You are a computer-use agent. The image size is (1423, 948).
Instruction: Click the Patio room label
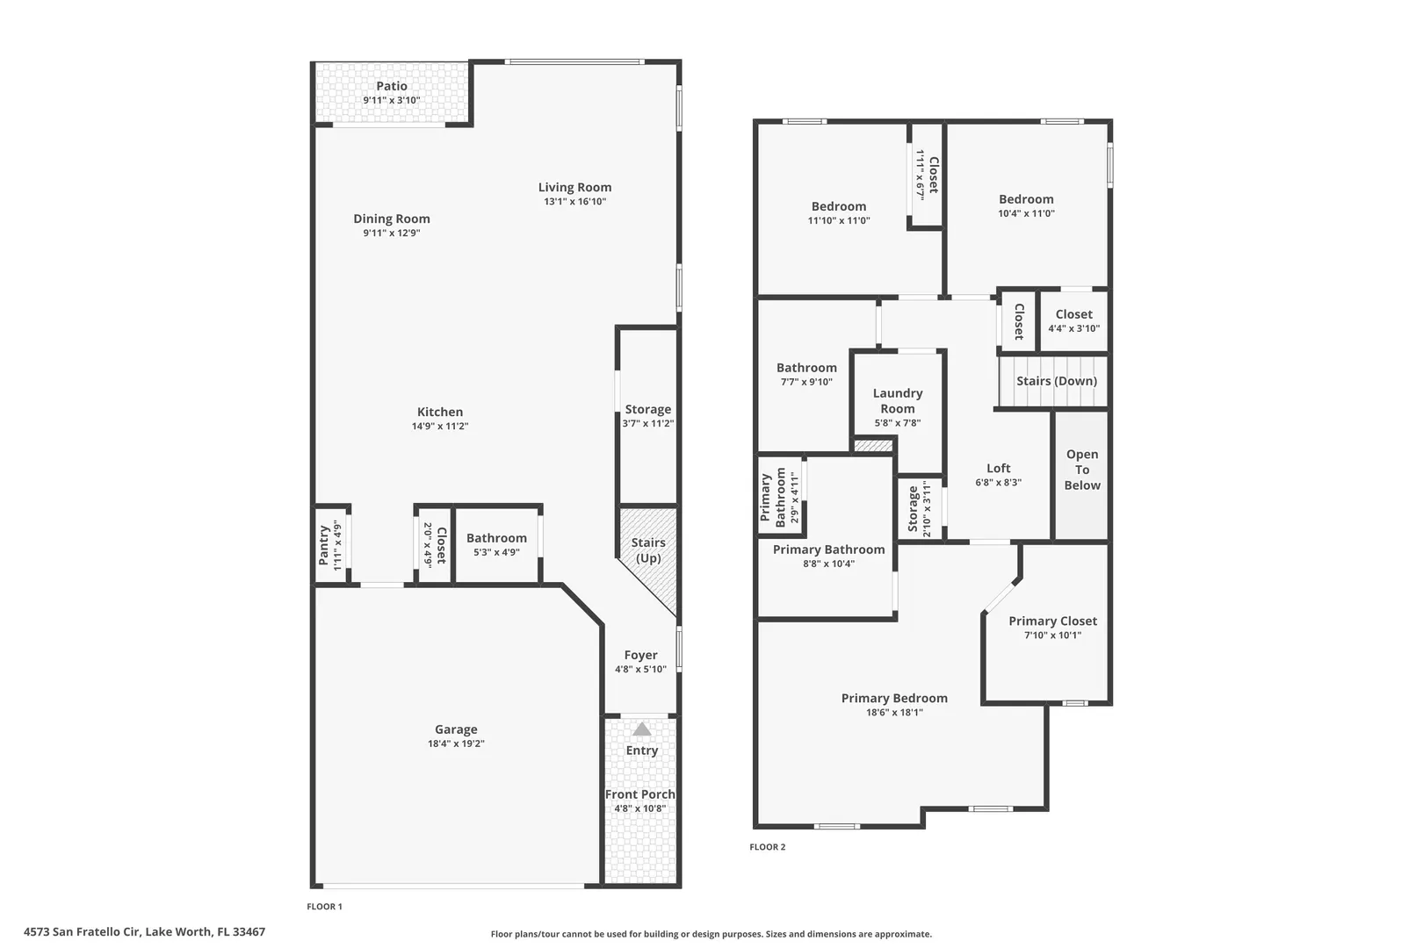point(392,86)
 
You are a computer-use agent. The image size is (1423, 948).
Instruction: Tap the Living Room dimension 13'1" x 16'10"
point(575,201)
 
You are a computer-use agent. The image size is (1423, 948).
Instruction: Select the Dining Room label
point(392,219)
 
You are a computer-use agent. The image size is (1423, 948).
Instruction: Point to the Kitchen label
point(439,412)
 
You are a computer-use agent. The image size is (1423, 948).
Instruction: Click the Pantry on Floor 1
point(331,545)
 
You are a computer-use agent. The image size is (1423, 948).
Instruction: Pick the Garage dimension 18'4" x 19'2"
point(456,743)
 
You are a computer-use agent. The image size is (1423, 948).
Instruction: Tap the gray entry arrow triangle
point(641,729)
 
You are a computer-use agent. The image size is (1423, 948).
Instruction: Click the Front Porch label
point(640,794)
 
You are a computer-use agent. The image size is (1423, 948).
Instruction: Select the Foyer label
point(640,655)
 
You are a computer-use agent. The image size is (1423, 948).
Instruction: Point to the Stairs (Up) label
point(648,550)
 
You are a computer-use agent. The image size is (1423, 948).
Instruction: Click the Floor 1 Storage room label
point(648,410)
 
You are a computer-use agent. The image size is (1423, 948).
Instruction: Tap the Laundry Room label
point(898,400)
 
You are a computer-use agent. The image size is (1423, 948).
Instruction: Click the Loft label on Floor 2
point(999,468)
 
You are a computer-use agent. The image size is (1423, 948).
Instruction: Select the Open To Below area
point(1082,476)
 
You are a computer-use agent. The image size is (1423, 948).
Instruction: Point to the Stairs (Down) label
point(1057,381)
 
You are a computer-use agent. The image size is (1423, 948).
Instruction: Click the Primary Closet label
point(1052,621)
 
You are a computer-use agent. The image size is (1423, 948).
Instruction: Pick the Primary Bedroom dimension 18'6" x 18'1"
point(894,713)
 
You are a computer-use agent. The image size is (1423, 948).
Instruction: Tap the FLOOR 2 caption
point(768,847)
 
